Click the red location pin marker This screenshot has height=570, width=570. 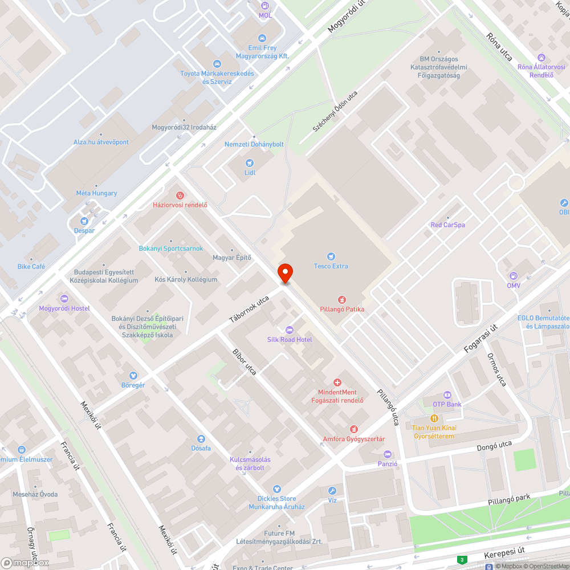[285, 273]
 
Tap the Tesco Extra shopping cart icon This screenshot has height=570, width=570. [331, 256]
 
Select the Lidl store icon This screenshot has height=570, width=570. [249, 163]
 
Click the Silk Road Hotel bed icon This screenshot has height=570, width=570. [290, 330]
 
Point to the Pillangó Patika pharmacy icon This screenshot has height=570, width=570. [342, 299]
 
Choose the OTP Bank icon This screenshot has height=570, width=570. [447, 395]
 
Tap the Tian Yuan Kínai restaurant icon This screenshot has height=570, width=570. [434, 418]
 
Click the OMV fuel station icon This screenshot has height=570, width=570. [514, 276]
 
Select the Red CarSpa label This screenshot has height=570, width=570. [447, 225]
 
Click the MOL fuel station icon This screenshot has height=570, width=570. [265, 6]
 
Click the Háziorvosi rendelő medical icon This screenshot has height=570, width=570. [180, 196]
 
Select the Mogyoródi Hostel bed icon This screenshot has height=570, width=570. [64, 299]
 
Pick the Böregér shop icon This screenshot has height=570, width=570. [133, 376]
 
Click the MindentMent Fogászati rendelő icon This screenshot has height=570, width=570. [337, 382]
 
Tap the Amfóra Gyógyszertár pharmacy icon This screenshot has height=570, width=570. [354, 429]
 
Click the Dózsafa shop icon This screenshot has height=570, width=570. [201, 438]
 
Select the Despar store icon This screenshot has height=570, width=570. [84, 221]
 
